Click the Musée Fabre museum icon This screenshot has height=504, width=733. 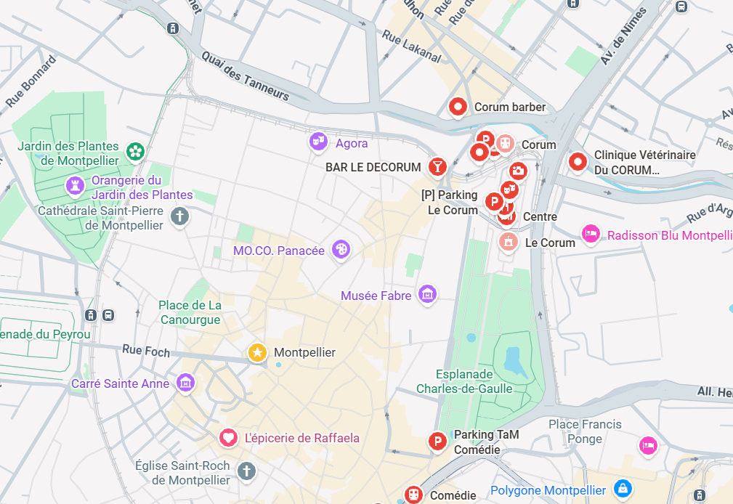(x=427, y=294)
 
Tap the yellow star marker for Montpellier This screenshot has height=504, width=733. (x=257, y=352)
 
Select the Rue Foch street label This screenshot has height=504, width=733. (x=146, y=351)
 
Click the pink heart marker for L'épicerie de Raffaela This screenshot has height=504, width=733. (x=228, y=437)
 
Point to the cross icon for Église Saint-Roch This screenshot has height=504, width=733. (x=246, y=471)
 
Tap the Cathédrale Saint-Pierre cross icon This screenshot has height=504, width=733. (x=179, y=216)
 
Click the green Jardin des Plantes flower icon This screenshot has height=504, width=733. (x=135, y=151)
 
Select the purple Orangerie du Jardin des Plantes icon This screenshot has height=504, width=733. (x=75, y=185)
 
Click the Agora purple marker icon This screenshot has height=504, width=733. (x=318, y=142)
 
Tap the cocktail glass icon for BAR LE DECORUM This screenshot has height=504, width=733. (x=437, y=166)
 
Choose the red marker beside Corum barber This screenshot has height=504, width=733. (x=458, y=107)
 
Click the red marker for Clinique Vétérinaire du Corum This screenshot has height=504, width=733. (x=578, y=161)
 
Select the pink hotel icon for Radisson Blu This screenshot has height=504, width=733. (x=591, y=234)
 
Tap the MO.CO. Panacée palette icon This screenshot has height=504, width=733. (x=340, y=249)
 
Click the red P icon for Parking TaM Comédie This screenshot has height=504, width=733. (x=437, y=440)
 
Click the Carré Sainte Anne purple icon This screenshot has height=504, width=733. (x=185, y=382)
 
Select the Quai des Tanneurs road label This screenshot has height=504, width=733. (x=245, y=76)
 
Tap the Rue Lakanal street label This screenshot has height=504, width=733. (x=411, y=46)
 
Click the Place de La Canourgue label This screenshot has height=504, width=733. (x=190, y=312)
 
